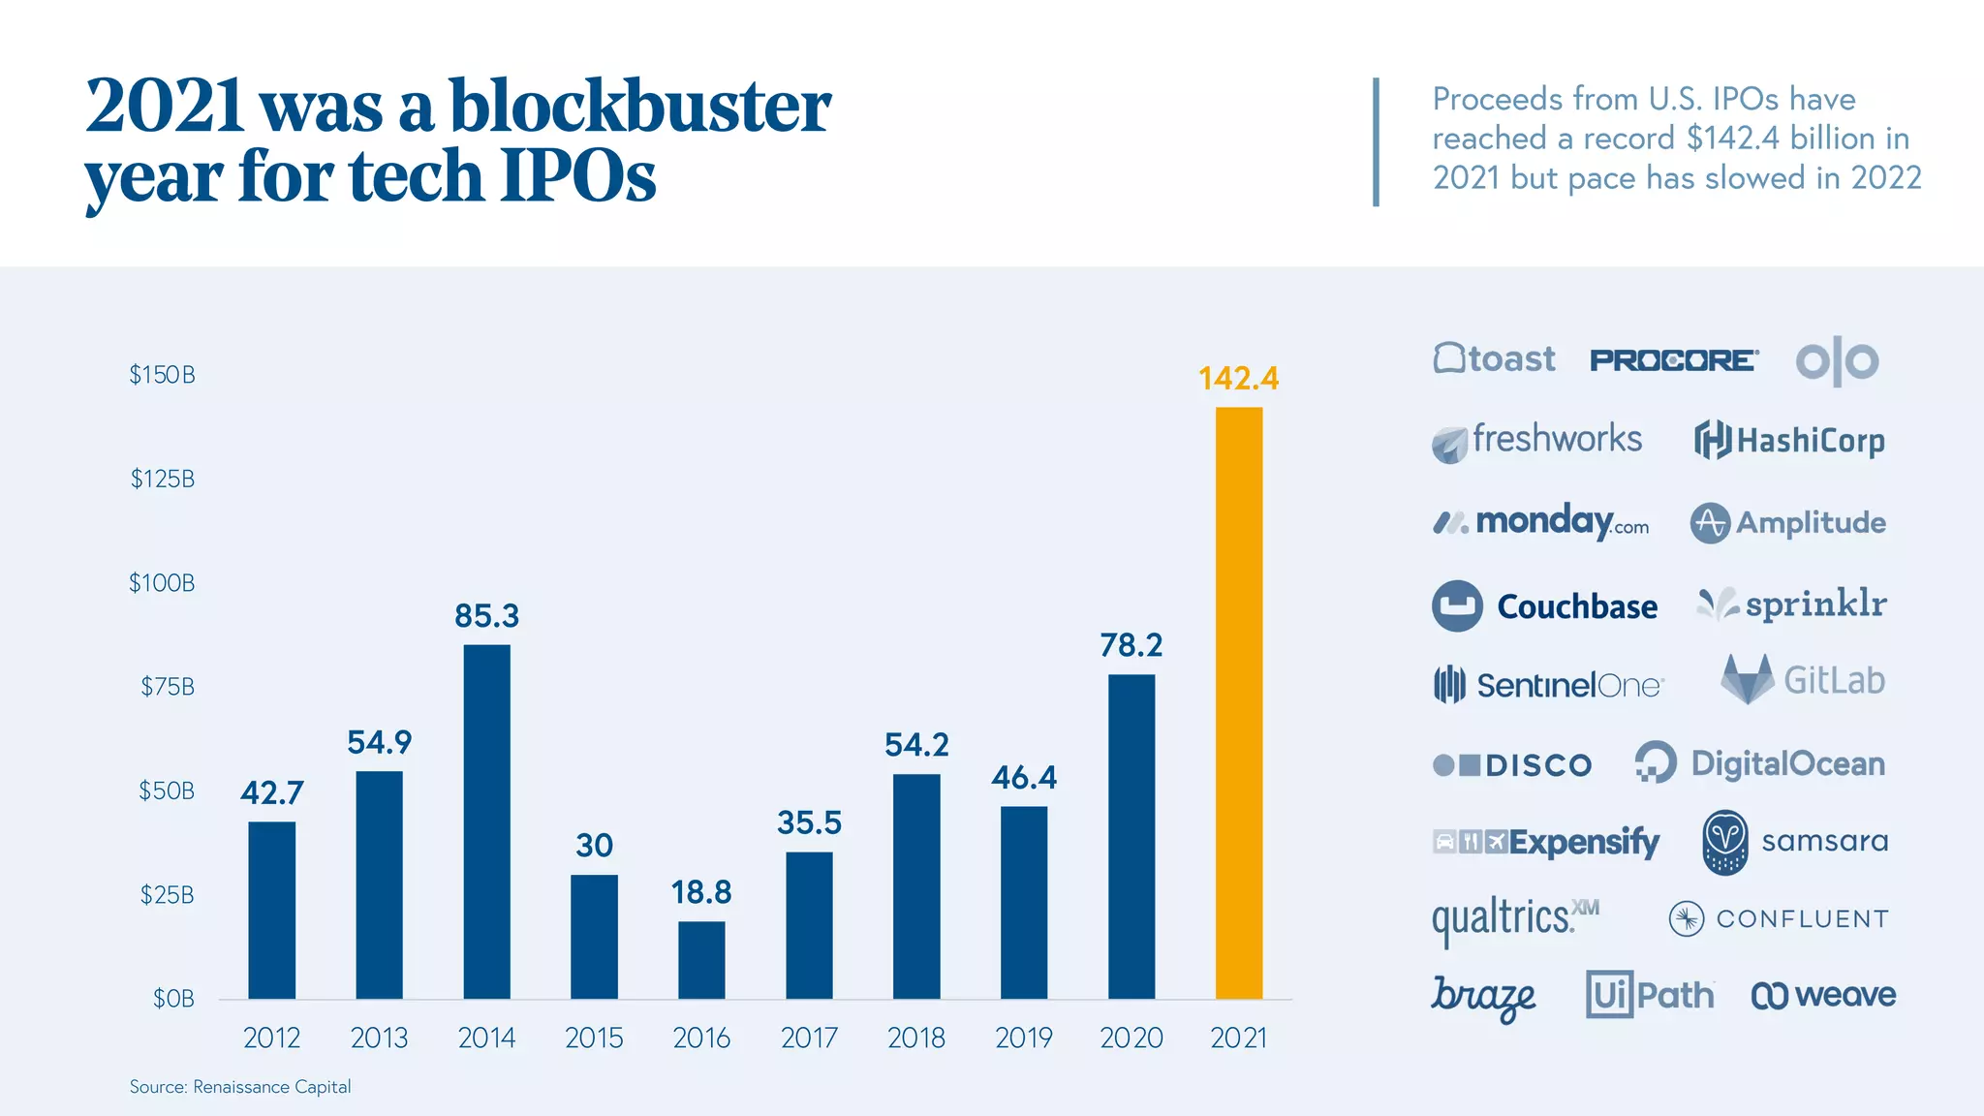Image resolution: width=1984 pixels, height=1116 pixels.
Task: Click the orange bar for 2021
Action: tap(1239, 702)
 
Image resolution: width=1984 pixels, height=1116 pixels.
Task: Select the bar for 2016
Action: tap(701, 959)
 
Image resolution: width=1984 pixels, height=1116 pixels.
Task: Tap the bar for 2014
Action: tap(486, 821)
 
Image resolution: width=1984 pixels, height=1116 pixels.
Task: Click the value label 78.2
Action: tap(1131, 645)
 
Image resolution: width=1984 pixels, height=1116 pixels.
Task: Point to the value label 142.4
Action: tap(1238, 378)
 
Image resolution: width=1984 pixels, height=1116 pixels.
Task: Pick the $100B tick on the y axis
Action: tap(162, 583)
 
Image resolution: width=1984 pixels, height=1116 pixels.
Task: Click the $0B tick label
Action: tap(173, 999)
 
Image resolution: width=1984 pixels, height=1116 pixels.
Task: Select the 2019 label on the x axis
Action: tap(1023, 1038)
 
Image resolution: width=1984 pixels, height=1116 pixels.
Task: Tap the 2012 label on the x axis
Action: tap(271, 1038)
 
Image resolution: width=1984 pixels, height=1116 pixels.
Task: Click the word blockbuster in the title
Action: tap(639, 107)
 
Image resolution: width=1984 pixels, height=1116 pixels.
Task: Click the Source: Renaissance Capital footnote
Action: tap(240, 1087)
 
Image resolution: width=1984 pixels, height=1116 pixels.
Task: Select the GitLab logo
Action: tap(1803, 680)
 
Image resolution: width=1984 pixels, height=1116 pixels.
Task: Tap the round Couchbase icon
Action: tap(1457, 606)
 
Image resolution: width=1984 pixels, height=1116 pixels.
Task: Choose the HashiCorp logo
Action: tap(1789, 441)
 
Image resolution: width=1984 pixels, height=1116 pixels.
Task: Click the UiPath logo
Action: tap(1649, 995)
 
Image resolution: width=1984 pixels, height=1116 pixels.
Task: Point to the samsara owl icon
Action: tap(1725, 842)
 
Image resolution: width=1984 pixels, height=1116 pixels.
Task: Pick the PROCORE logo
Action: tap(1673, 360)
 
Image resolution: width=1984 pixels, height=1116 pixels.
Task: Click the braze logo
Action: tap(1483, 997)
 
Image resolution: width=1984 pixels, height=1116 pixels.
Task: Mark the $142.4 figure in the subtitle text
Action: tap(1732, 139)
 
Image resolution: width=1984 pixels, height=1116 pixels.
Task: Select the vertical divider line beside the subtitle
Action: tap(1376, 141)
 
